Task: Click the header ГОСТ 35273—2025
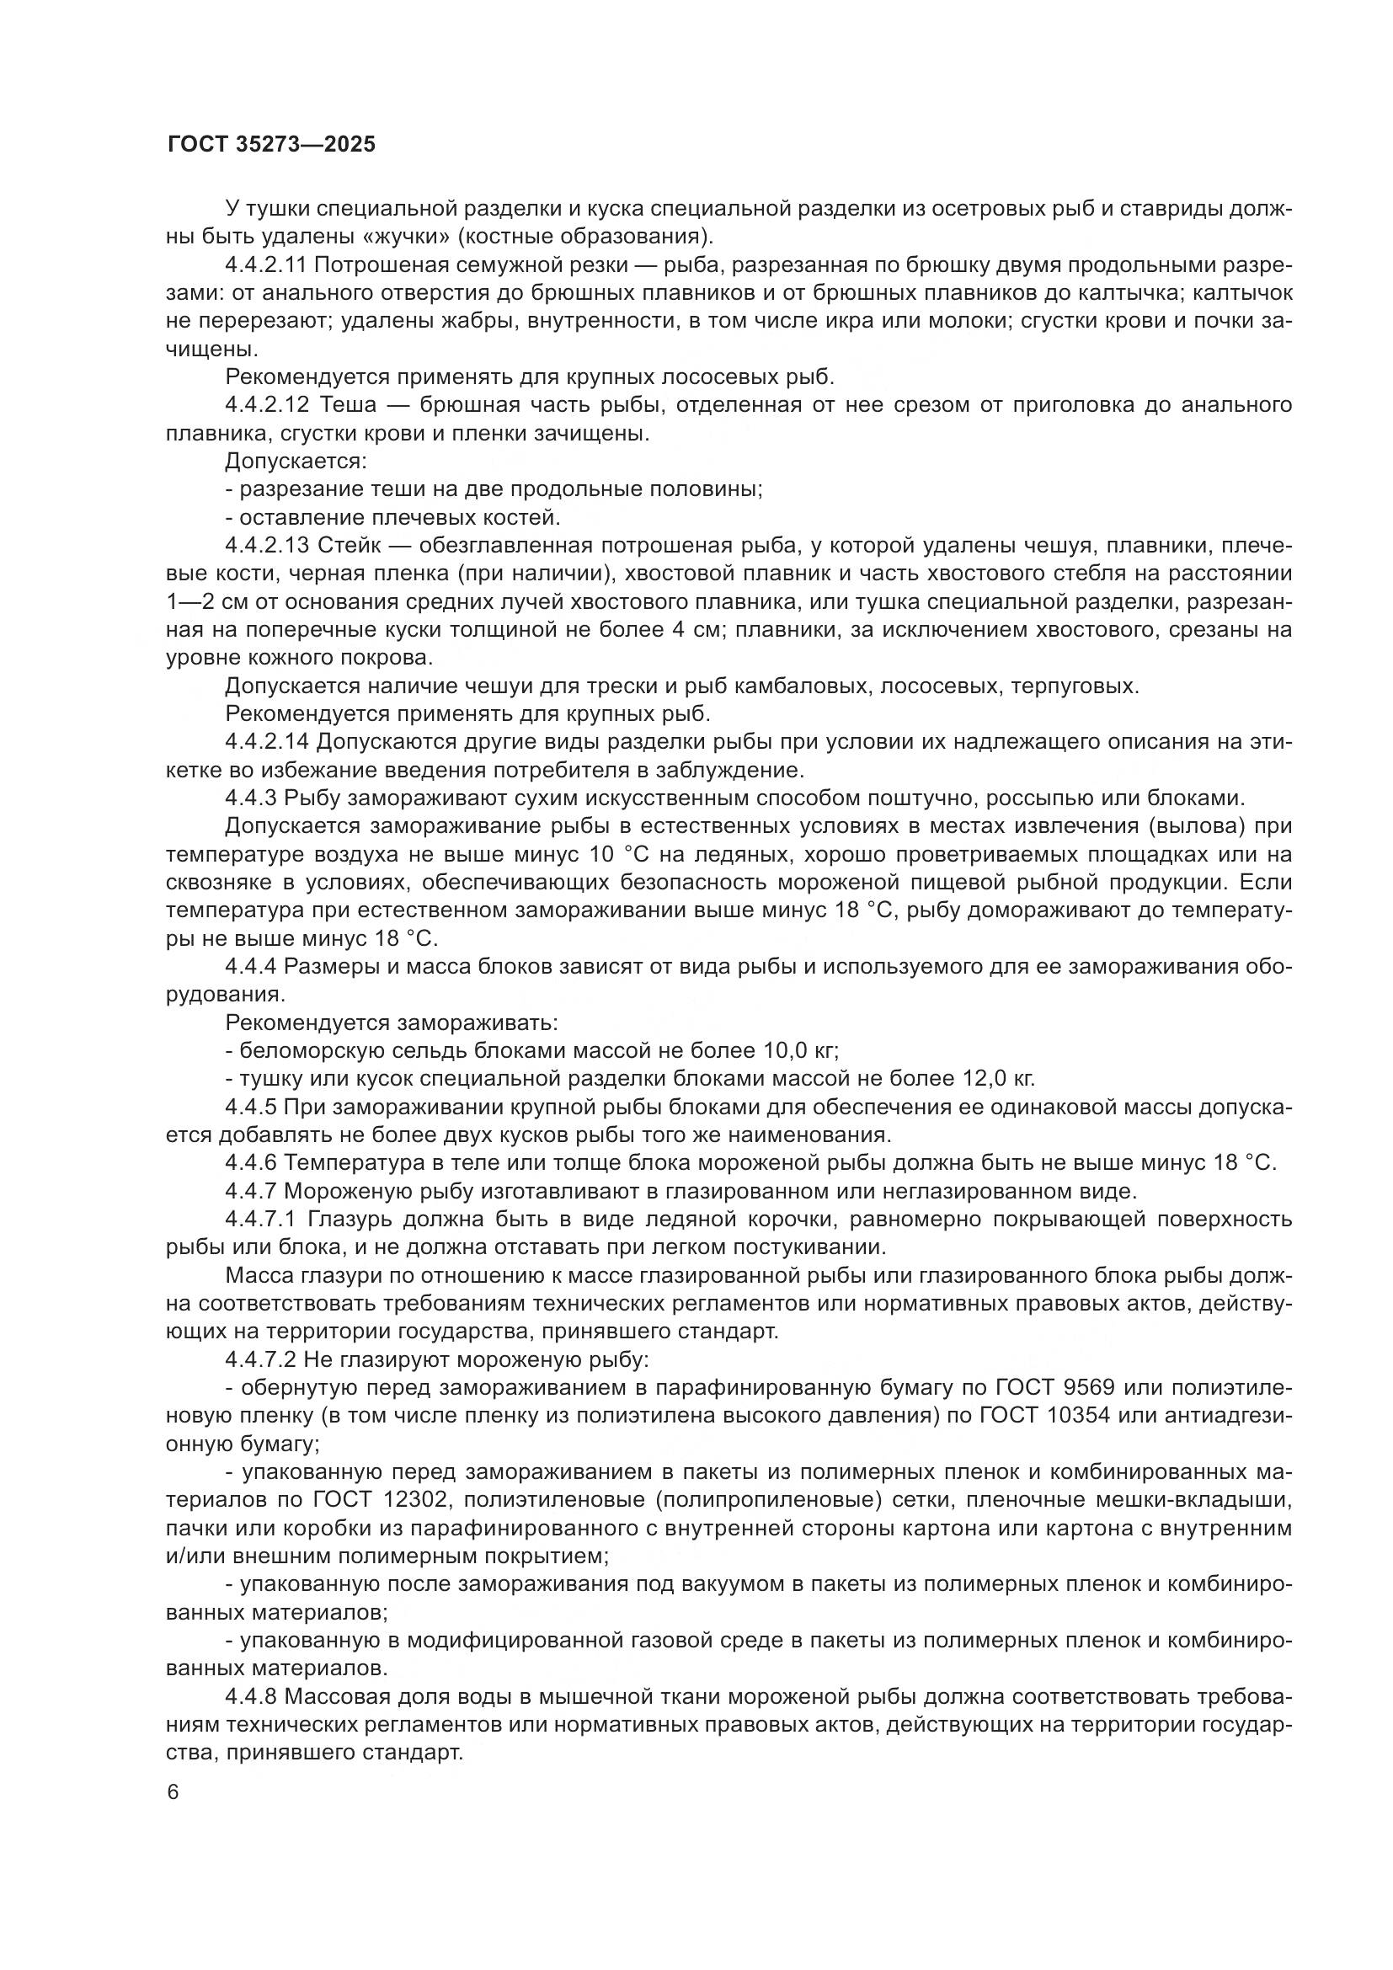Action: point(271,144)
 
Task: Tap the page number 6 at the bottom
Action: point(173,1792)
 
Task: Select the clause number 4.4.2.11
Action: point(266,264)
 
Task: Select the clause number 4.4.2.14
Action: point(266,741)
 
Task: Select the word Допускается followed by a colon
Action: point(295,462)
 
